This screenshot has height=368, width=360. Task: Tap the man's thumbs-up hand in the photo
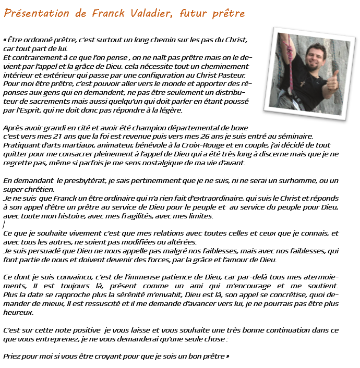coord(331,82)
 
